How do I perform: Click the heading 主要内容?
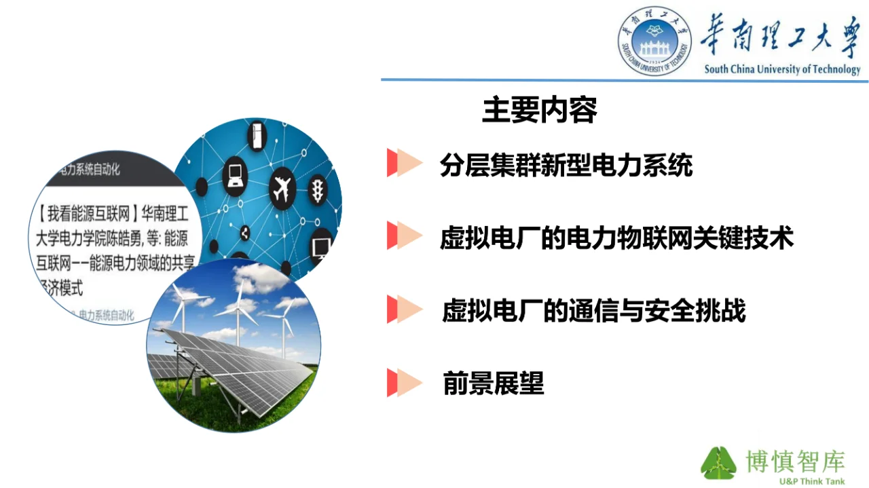pyautogui.click(x=540, y=111)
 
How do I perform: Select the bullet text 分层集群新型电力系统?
pyautogui.click(x=566, y=165)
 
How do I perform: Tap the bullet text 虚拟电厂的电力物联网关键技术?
pyautogui.click(x=616, y=238)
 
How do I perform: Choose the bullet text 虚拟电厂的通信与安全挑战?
pyautogui.click(x=593, y=311)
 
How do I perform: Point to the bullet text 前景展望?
pyautogui.click(x=494, y=383)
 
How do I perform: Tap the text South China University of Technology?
pyautogui.click(x=782, y=69)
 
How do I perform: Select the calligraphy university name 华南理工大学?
pyautogui.click(x=780, y=35)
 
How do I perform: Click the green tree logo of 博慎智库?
pyautogui.click(x=718, y=463)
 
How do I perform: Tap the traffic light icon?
pyautogui.click(x=317, y=190)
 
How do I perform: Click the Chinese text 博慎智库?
pyautogui.click(x=794, y=461)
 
